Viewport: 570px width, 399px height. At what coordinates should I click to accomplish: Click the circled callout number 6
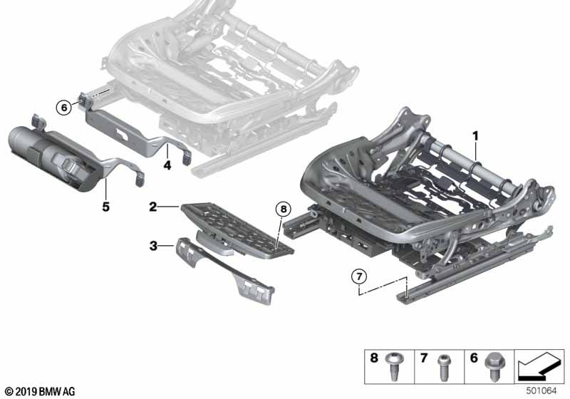(64, 108)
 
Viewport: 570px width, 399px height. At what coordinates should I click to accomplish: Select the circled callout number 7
(359, 276)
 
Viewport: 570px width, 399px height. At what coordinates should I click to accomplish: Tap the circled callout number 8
(284, 209)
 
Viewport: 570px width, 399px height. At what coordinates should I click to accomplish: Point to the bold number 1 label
(475, 136)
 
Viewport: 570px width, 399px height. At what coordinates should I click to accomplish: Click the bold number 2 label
(152, 207)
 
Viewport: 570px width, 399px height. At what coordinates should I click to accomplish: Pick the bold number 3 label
(153, 246)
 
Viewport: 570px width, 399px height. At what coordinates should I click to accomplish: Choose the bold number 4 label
(167, 165)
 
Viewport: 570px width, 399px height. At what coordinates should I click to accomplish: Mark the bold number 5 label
(105, 207)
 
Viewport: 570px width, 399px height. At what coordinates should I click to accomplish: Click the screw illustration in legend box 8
(395, 366)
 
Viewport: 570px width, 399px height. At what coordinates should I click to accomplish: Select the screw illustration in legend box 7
(443, 368)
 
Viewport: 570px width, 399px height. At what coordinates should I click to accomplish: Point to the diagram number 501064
(541, 390)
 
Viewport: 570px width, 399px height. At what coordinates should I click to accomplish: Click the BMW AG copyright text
(41, 392)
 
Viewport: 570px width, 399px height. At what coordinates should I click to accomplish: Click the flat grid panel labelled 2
(237, 229)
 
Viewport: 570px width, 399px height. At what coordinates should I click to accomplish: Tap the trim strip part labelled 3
(225, 271)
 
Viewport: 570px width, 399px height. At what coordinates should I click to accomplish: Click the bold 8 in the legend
(374, 358)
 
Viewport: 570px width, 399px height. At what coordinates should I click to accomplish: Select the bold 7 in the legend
(423, 358)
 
